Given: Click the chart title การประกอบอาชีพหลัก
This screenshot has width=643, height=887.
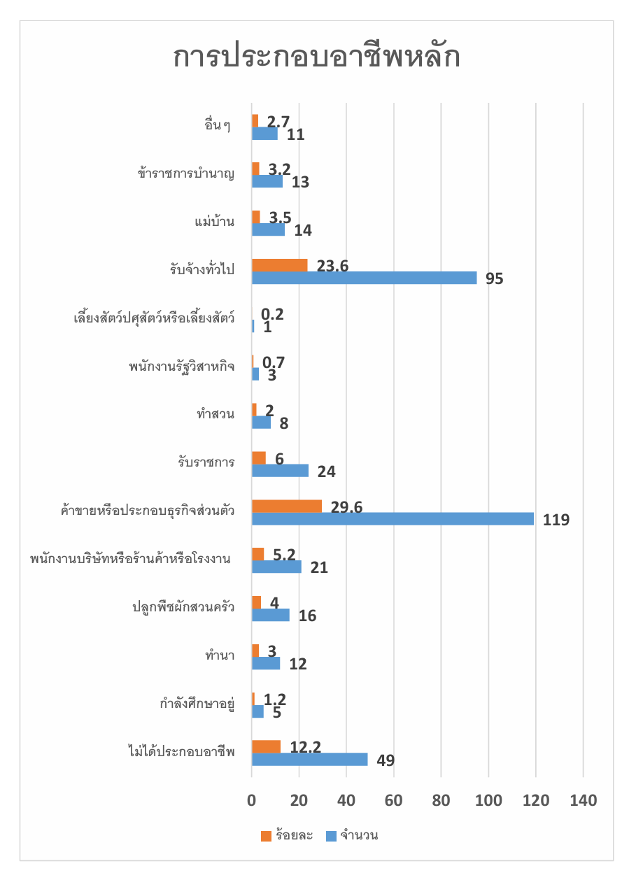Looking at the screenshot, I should (316, 57).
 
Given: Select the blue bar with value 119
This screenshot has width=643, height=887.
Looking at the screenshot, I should (393, 519).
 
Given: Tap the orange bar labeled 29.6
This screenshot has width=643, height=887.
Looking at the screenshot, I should (287, 506).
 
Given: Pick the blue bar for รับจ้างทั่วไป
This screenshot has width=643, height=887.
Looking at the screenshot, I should (364, 278).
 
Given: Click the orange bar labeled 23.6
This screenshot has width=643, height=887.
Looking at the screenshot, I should (279, 265).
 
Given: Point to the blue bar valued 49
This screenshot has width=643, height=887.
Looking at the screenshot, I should (309, 760).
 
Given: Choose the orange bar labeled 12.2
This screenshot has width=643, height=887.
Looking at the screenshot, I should (266, 747).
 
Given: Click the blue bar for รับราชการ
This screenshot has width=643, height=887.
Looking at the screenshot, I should (280, 471).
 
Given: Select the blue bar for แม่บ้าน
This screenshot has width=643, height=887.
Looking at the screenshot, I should (268, 229).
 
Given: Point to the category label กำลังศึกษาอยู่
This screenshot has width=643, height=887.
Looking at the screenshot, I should (197, 704).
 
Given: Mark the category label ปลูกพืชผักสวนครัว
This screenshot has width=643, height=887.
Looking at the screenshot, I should (183, 607).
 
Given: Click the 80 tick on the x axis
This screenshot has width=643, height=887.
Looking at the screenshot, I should (441, 800).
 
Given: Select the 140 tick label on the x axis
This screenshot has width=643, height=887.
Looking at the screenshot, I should (583, 800).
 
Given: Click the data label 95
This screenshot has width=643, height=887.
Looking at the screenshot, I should (495, 278).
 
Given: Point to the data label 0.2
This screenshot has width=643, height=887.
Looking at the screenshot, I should (272, 314).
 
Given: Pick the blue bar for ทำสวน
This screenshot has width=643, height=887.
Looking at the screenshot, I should (261, 423).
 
